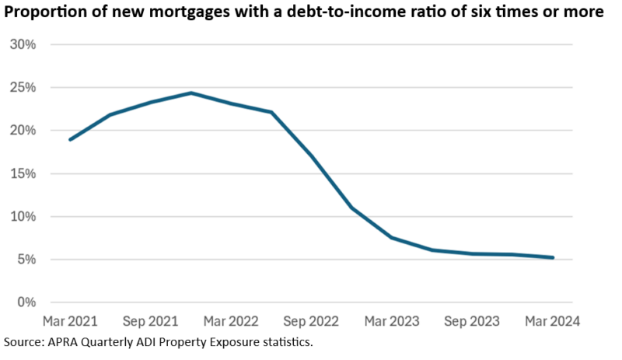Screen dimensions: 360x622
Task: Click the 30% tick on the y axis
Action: point(23,44)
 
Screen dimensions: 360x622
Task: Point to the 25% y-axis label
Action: point(23,87)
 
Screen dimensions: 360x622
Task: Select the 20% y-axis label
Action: point(23,130)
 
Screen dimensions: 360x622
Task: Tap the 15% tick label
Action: point(23,173)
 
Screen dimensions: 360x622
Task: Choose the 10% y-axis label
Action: point(23,216)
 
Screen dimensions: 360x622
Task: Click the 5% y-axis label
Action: point(26,259)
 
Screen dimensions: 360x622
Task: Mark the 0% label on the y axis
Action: point(26,302)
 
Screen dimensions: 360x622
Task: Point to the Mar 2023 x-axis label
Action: point(392,320)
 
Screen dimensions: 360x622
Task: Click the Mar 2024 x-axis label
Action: point(552,320)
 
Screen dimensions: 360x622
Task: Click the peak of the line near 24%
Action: point(190,93)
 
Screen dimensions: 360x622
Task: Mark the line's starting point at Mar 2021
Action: point(70,140)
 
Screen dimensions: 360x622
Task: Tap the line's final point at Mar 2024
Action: point(553,257)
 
